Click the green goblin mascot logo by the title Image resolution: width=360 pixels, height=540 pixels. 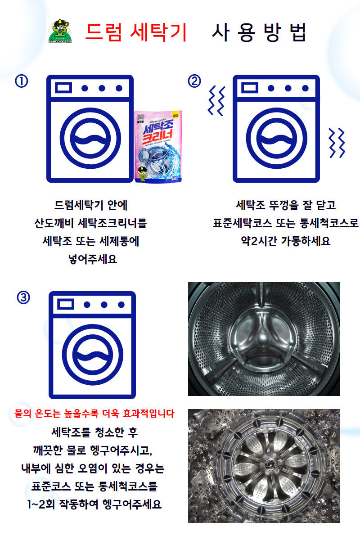[x=60, y=31]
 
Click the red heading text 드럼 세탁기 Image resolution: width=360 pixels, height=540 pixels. [x=136, y=32]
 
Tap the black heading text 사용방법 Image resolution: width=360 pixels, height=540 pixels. [x=259, y=32]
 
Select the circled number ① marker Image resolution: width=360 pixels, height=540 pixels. [x=22, y=81]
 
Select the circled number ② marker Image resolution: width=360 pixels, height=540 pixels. [x=194, y=81]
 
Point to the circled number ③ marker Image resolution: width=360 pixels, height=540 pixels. [x=23, y=297]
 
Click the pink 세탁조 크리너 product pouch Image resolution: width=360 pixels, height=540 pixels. [x=158, y=146]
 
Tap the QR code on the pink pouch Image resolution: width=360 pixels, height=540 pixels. [x=140, y=119]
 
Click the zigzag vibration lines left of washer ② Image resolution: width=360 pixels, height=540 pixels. [x=216, y=100]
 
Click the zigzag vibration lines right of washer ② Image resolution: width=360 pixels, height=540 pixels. [x=337, y=143]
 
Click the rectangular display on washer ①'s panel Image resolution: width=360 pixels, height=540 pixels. [x=63, y=88]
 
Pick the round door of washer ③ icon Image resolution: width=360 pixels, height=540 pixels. [x=93, y=355]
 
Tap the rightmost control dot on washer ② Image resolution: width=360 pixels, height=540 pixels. [x=305, y=88]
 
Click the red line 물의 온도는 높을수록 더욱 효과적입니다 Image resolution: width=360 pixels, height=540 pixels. [x=94, y=413]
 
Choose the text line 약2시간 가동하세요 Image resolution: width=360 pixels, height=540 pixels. [x=286, y=241]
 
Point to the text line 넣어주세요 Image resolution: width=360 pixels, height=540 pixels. [x=93, y=259]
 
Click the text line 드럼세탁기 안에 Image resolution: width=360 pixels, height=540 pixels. [x=90, y=205]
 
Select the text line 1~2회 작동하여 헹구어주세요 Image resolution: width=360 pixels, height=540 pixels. [x=94, y=504]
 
